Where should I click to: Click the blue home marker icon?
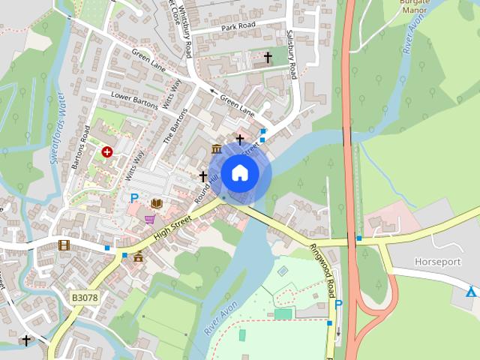(x=239, y=173)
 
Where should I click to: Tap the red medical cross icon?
(x=107, y=151)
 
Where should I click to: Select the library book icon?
(x=157, y=203)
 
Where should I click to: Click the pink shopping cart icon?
(x=150, y=219)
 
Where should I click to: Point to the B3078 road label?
(x=85, y=298)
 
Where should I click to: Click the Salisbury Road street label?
(x=292, y=54)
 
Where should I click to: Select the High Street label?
(x=173, y=227)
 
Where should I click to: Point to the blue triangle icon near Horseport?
(x=471, y=292)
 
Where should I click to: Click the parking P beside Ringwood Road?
(x=338, y=304)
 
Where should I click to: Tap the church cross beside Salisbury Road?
(x=268, y=57)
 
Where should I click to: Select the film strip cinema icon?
(x=64, y=244)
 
